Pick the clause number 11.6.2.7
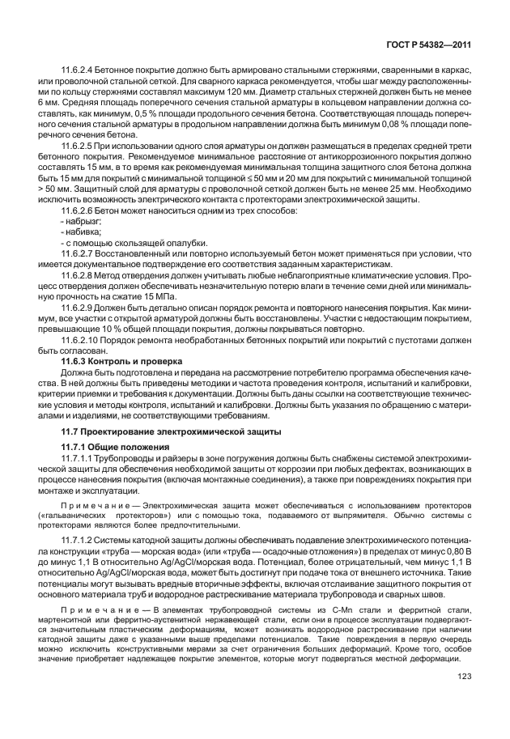79,254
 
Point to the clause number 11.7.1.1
79,458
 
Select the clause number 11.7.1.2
79,537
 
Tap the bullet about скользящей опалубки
134,243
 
